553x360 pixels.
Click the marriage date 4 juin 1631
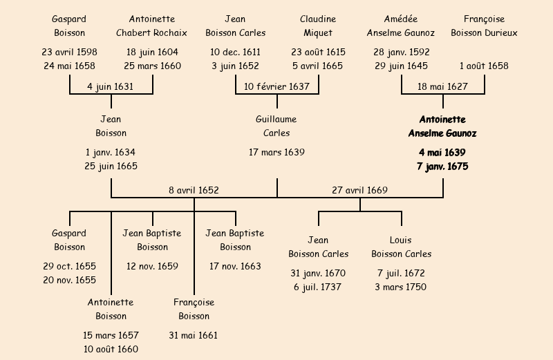[x=111, y=86]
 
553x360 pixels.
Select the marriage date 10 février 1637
[x=276, y=86]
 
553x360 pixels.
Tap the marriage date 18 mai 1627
[x=443, y=86]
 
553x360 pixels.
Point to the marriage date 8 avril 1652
[x=194, y=190]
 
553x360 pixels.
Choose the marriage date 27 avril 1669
[x=359, y=190]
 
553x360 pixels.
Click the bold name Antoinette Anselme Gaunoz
[x=442, y=126]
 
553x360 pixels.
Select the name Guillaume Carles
[x=276, y=126]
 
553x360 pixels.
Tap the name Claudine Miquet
[x=318, y=26]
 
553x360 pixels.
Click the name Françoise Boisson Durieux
[x=484, y=26]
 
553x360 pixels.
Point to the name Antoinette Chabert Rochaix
[x=152, y=26]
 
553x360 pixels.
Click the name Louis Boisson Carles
[x=401, y=247]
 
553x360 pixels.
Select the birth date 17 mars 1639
[x=276, y=152]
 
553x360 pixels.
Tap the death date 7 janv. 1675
[x=442, y=167]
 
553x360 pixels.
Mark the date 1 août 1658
[x=484, y=66]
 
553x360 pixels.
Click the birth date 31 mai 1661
[x=194, y=336]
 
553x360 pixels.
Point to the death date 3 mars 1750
[x=401, y=287]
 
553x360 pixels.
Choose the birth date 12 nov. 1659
[x=152, y=266]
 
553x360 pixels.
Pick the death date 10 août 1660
[x=111, y=350]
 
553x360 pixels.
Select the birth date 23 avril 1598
[x=69, y=53]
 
